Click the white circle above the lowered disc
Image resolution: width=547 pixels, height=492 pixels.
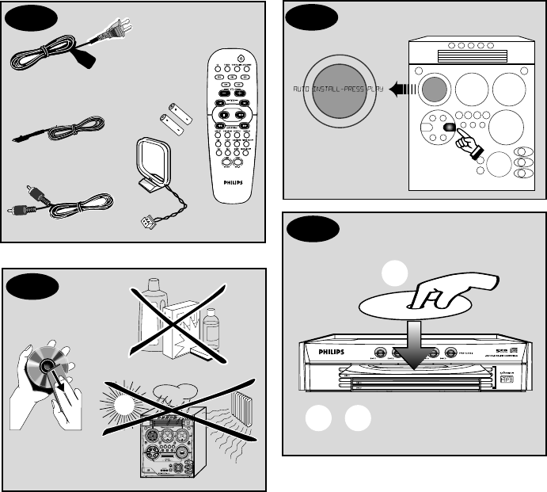393,273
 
